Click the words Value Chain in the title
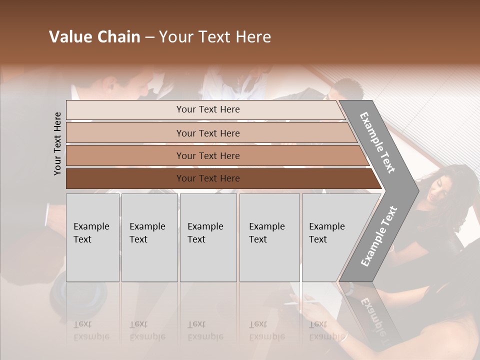pos(94,37)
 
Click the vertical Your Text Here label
pos(57,143)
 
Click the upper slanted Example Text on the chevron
pos(377,142)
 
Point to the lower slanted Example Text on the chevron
pos(379,236)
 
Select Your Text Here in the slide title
pos(215,37)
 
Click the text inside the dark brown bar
pos(208,178)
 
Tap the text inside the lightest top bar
pos(208,109)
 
